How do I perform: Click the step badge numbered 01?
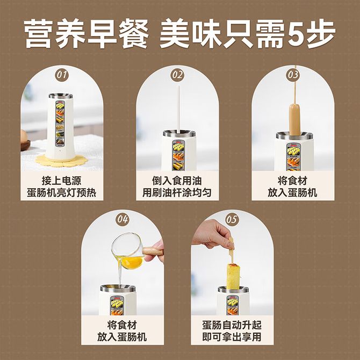[62, 75]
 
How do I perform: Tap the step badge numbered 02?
[177, 75]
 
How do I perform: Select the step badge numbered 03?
[293, 75]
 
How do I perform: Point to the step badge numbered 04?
[123, 219]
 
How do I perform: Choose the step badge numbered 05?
[232, 219]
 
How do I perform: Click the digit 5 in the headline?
[296, 33]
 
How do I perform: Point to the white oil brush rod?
[178, 109]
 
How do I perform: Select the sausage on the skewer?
[295, 119]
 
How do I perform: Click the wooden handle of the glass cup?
[153, 251]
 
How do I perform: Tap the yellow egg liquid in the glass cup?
[132, 262]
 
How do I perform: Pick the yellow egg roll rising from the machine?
[234, 276]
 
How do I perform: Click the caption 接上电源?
[62, 181]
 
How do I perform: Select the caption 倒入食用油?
[177, 181]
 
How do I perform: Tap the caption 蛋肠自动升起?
[232, 325]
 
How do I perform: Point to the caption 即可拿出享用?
[232, 337]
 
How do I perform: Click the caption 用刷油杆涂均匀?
[177, 192]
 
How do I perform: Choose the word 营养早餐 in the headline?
[87, 33]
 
